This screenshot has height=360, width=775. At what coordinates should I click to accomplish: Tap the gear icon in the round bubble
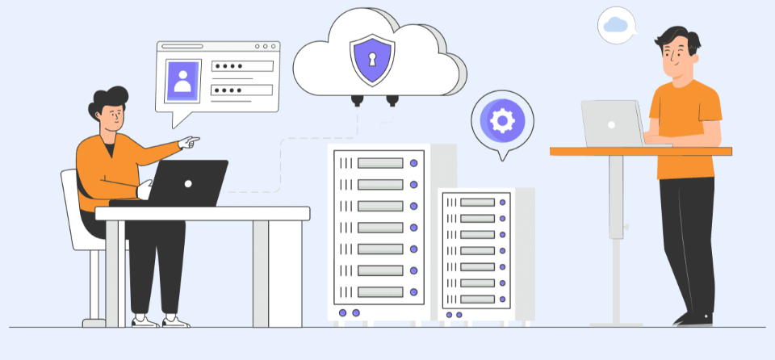[502, 121]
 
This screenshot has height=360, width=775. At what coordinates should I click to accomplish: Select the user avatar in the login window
[183, 80]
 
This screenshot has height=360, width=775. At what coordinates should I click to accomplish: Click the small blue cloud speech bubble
[616, 24]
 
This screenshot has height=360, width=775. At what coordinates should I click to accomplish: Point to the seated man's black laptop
[188, 182]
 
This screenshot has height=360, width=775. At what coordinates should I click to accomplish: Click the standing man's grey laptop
[611, 123]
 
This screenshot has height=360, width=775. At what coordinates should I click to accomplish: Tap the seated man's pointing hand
[189, 143]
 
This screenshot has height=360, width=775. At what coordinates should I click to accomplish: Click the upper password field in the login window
[242, 66]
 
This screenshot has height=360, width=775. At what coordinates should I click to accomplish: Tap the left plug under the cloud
[356, 100]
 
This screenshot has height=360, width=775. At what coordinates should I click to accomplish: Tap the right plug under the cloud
[392, 100]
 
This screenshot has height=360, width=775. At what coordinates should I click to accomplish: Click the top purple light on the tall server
[414, 163]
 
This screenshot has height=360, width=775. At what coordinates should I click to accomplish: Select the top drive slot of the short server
[477, 201]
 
